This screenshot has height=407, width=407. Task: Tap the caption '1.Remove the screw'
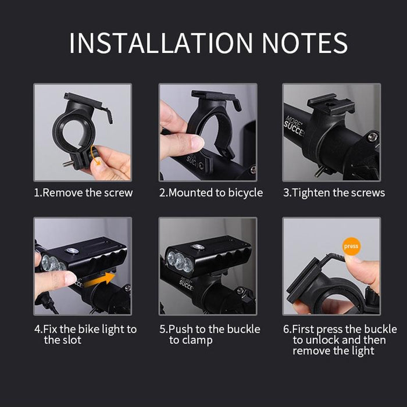[83, 192]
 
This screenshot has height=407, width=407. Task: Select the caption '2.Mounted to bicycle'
[211, 192]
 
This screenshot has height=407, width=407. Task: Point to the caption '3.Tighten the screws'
[334, 192]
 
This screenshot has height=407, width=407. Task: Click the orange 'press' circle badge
[352, 246]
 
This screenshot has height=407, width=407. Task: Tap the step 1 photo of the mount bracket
[83, 132]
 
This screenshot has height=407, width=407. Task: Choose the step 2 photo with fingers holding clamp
[208, 132]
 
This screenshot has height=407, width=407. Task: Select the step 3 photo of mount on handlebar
[331, 132]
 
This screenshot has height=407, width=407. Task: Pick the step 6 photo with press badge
[331, 266]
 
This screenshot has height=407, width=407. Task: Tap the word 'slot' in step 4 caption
[72, 340]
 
